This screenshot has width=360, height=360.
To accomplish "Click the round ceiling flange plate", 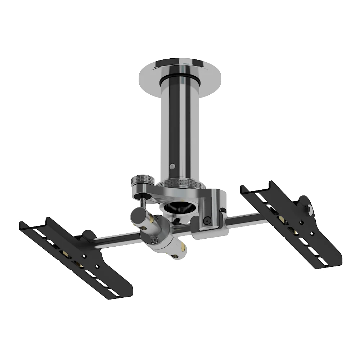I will pos(148,77).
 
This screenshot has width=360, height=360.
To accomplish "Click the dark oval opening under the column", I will pos(179,207).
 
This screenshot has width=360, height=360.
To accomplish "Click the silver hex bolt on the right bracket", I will pos(309,209).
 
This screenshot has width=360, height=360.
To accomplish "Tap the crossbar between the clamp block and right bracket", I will pos(245,218).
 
